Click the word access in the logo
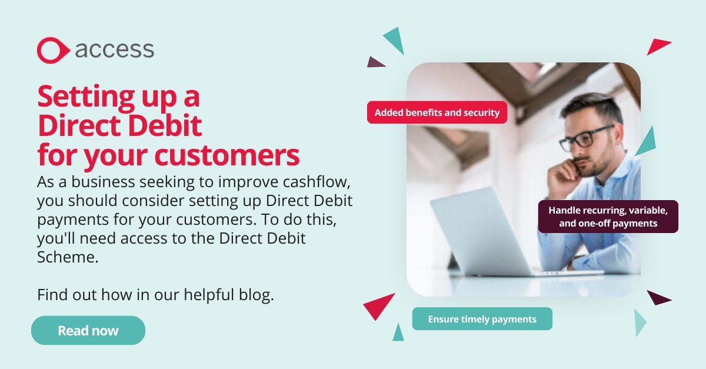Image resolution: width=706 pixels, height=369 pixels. [x=115, y=49]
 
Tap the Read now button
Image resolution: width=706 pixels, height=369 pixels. [x=88, y=330]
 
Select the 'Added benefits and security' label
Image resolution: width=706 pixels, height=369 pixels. [x=437, y=112]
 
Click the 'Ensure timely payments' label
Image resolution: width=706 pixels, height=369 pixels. [x=482, y=319]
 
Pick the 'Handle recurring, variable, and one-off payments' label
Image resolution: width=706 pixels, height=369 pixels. [x=608, y=217]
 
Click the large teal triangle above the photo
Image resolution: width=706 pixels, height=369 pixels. [x=395, y=40]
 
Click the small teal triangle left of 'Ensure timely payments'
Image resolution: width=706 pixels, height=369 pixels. [x=399, y=333]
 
